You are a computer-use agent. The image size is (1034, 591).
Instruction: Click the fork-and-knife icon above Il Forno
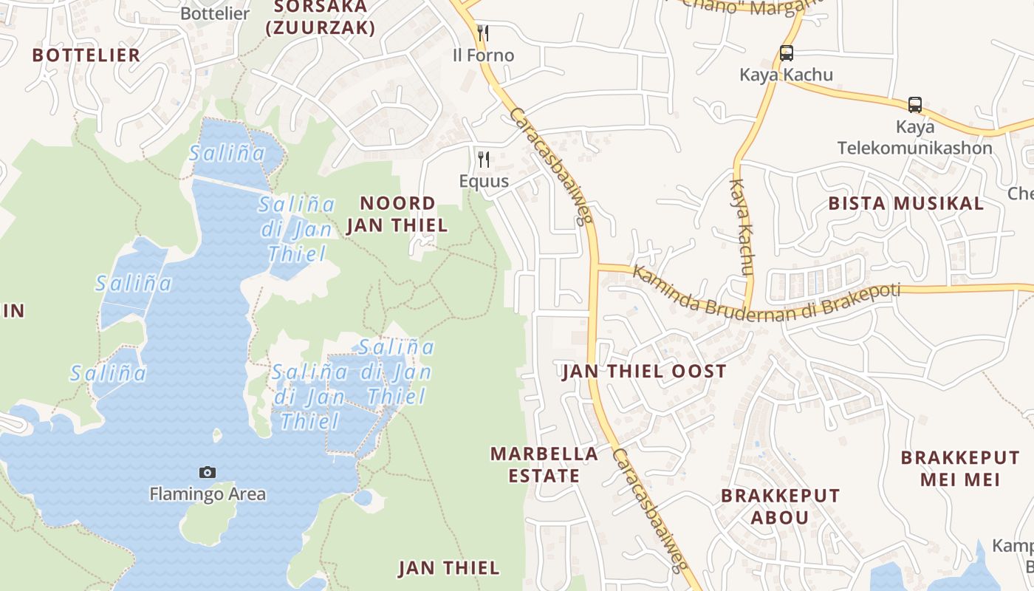483,33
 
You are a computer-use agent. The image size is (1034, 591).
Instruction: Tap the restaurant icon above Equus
483,158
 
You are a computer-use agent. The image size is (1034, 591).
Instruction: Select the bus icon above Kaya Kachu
787,53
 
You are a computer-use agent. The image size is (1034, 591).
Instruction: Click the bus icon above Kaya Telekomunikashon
915,105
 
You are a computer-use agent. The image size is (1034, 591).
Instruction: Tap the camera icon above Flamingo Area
208,472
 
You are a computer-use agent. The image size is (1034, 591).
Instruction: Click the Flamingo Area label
208,494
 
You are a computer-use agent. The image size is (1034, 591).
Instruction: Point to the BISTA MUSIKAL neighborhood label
906,203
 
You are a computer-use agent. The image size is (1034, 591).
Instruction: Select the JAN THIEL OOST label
645,372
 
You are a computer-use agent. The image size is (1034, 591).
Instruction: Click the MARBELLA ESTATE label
544,465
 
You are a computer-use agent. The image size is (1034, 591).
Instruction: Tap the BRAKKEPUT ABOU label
780,506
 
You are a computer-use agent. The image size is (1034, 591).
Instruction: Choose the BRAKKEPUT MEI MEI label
960,468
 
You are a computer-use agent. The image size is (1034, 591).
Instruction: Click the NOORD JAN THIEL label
397,214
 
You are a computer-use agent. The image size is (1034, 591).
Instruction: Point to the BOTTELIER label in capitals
86,55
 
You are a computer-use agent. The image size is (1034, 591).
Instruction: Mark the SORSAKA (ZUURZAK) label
321,18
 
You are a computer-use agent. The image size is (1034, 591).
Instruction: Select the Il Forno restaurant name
483,55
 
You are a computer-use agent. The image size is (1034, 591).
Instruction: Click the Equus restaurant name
484,181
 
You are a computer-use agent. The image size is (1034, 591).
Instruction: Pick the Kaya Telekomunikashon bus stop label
915,137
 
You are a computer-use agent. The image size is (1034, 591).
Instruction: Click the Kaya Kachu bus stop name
787,75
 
